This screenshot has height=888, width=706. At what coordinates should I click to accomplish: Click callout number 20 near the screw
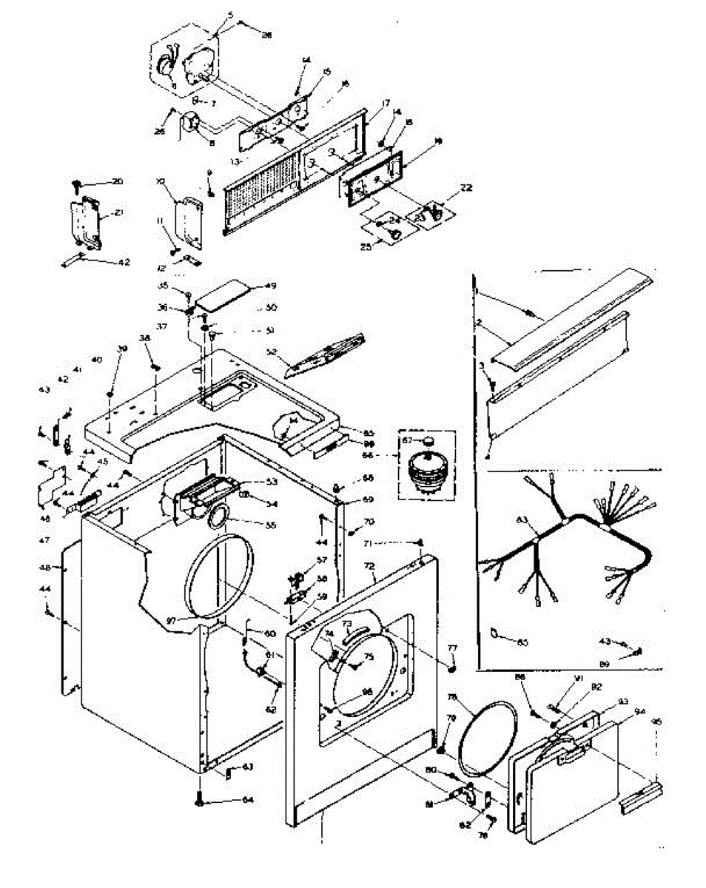118,181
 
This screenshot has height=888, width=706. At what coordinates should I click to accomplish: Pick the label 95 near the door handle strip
656,721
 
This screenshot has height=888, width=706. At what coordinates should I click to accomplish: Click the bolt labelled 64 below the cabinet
201,799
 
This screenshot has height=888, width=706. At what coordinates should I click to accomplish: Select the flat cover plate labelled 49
222,295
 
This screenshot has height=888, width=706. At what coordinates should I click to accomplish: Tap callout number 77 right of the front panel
452,648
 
